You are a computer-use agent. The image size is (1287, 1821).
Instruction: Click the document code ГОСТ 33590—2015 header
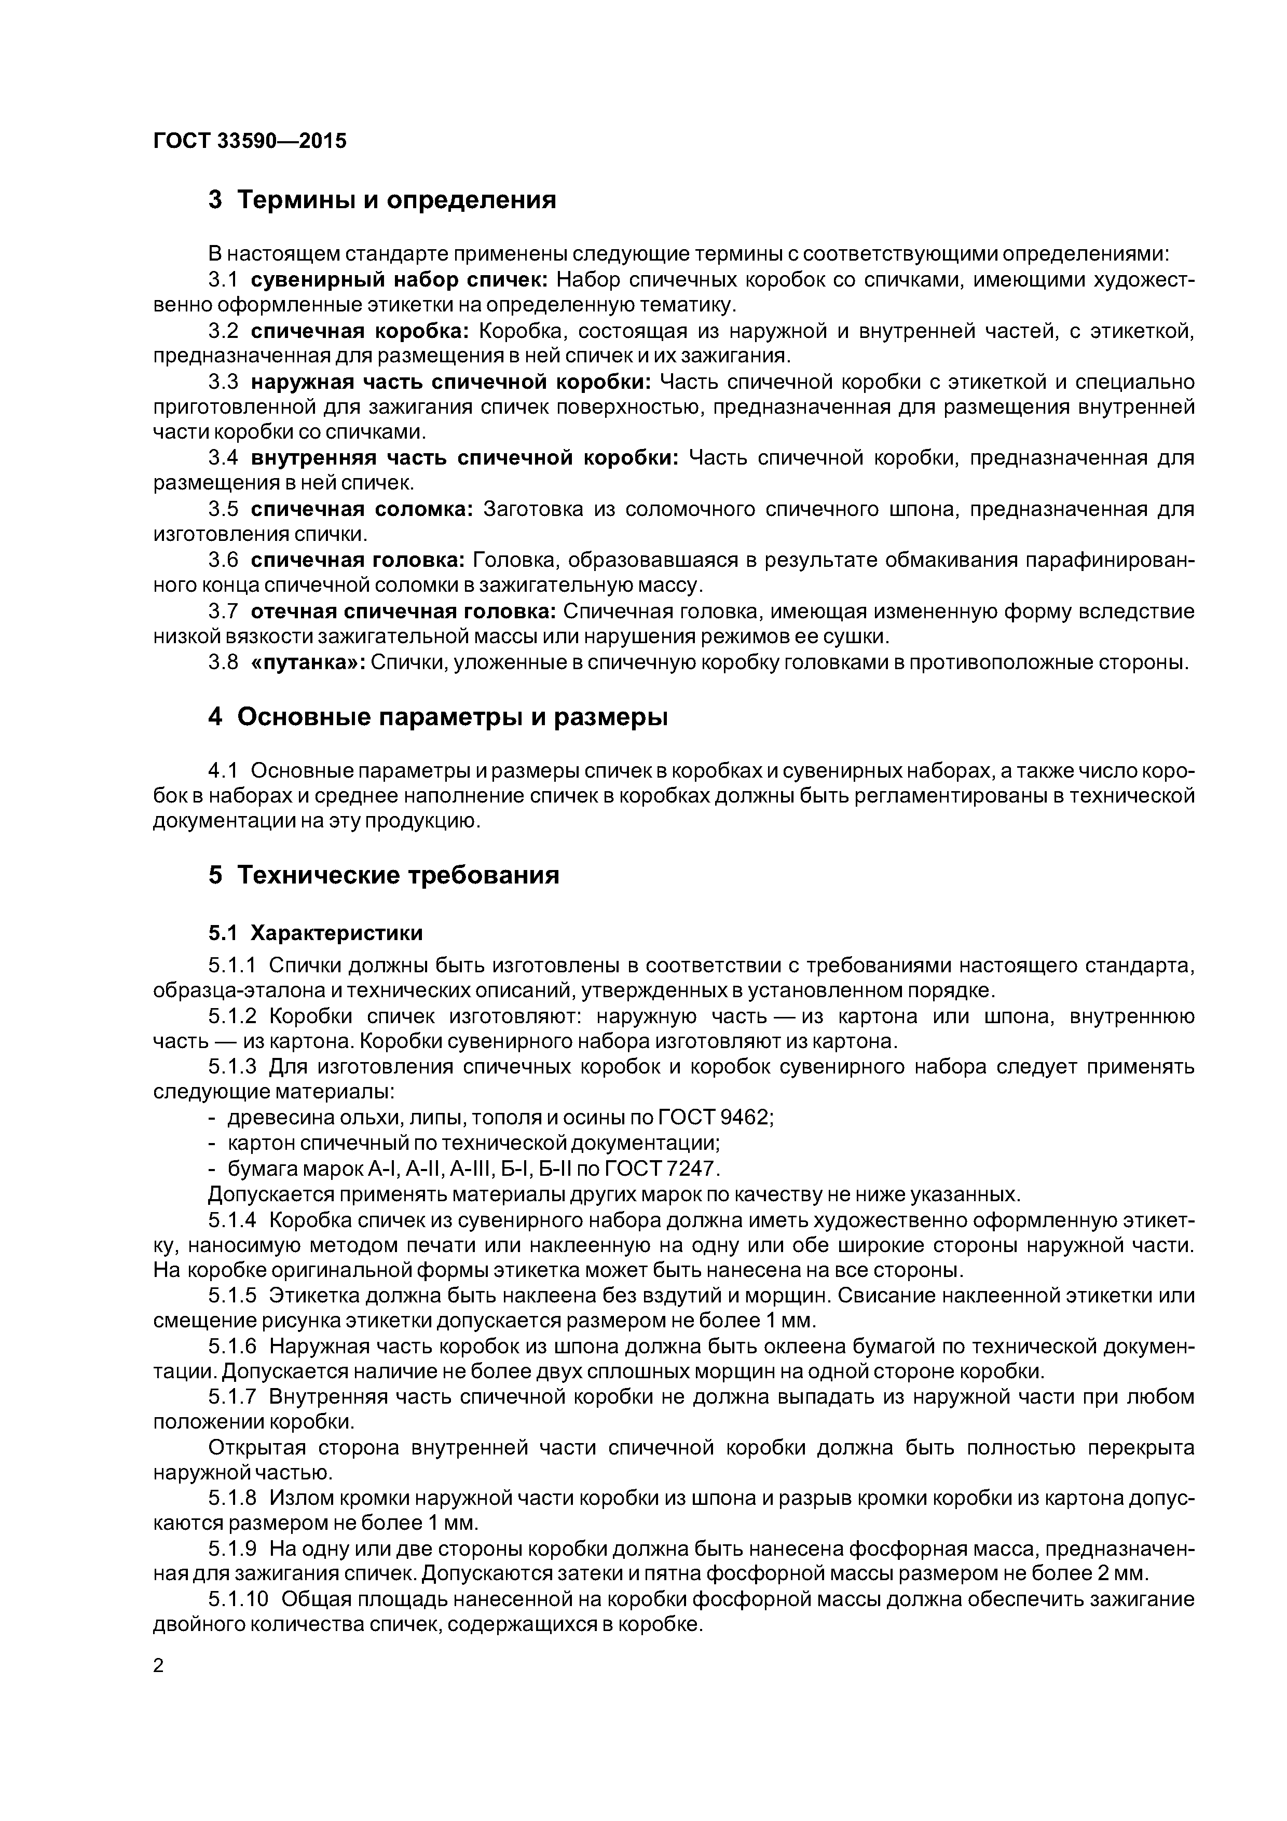point(250,141)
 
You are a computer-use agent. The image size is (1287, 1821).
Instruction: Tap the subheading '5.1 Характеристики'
point(316,933)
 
